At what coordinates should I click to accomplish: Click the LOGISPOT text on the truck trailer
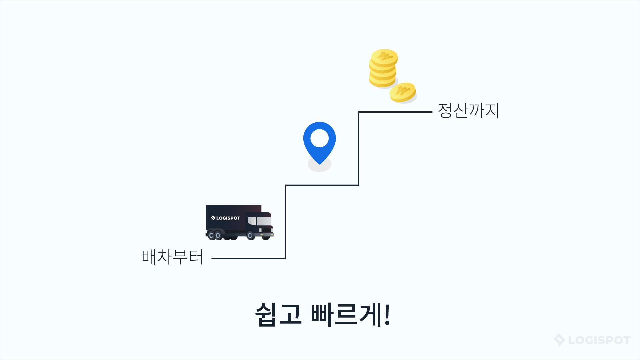tap(228, 218)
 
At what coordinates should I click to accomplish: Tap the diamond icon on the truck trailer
tap(213, 218)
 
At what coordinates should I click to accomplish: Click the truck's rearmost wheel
tap(211, 235)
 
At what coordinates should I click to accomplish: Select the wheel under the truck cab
tap(250, 236)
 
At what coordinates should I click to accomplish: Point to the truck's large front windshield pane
tap(264, 221)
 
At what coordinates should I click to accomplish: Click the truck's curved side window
tap(252, 221)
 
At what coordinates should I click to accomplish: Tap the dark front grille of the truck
tap(266, 230)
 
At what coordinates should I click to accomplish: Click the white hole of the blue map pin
tap(319, 138)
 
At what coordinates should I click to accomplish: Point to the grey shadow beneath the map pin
tap(319, 165)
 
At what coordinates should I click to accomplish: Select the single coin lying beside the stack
tap(403, 92)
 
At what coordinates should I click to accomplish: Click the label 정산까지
tap(468, 110)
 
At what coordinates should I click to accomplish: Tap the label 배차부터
tap(172, 257)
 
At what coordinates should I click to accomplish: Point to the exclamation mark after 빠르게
tap(387, 314)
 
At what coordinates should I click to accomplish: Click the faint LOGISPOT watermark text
tap(599, 340)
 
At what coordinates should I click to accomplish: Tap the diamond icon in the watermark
tap(559, 340)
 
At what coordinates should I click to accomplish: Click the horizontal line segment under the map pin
tap(322, 185)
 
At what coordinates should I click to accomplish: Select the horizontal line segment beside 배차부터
tap(249, 258)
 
